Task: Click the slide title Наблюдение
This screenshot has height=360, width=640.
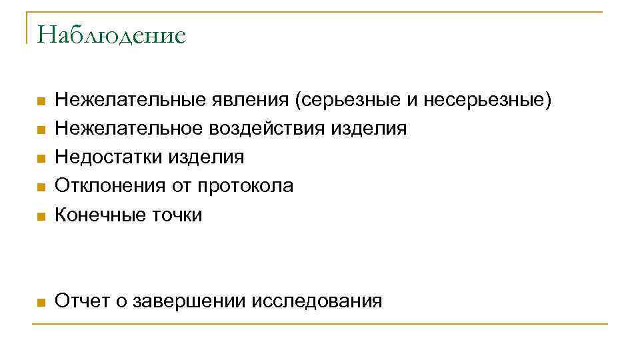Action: click(111, 35)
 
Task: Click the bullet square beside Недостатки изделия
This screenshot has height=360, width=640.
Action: click(40, 158)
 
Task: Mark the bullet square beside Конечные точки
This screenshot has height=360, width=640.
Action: click(40, 215)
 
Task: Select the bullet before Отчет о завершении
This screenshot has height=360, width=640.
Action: click(40, 302)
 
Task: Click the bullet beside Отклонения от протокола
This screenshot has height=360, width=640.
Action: click(40, 187)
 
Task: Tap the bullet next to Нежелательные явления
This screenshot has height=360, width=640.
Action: click(40, 101)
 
